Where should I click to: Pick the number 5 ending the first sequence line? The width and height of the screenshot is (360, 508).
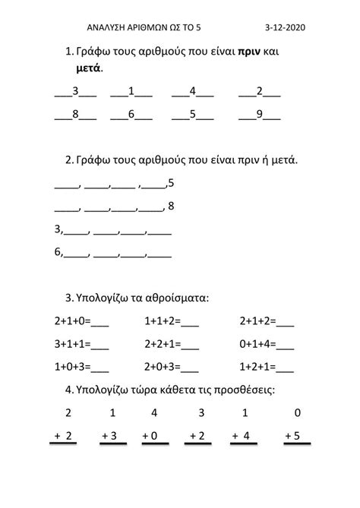pyautogui.click(x=171, y=183)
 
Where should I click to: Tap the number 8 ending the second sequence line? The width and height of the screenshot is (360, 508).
pyautogui.click(x=171, y=206)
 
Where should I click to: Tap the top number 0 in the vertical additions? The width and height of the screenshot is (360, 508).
pyautogui.click(x=296, y=413)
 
